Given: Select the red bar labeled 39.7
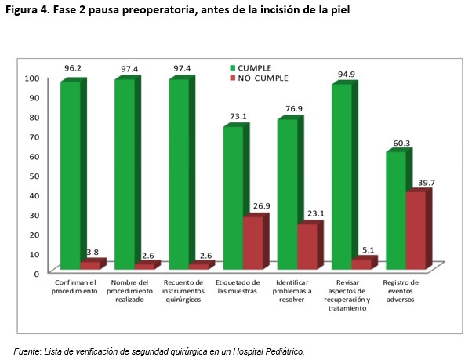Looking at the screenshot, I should tap(416, 230).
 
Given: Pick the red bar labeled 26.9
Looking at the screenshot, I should tap(252, 242).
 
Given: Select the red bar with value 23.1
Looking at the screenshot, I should tap(307, 246).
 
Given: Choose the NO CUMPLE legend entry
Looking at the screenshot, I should tap(263, 78).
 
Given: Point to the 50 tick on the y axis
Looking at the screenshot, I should tap(32, 175).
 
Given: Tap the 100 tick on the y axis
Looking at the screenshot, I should tap(32, 78).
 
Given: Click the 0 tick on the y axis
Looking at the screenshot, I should tap(36, 273).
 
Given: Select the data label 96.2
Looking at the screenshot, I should tap(73, 69).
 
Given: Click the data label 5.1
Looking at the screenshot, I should tap(367, 251).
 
